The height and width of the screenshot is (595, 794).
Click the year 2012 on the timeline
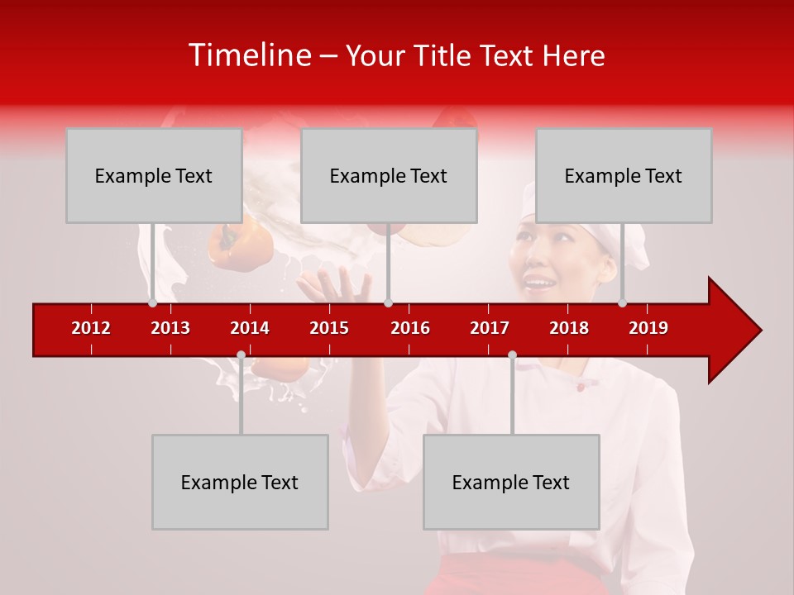[x=91, y=328]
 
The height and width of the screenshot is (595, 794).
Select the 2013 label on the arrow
[x=170, y=328]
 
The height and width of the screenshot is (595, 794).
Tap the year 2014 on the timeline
[x=250, y=328]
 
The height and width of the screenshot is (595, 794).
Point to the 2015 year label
[x=329, y=328]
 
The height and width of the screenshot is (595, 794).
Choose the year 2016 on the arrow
[x=410, y=328]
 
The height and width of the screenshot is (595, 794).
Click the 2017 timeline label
[x=490, y=328]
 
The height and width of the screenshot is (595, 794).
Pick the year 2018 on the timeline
[x=569, y=328]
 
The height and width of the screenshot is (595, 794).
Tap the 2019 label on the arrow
[x=648, y=328]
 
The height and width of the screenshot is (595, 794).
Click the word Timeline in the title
[x=248, y=55]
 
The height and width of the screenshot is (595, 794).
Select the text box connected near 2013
[x=154, y=175]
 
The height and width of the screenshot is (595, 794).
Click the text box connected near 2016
[x=389, y=175]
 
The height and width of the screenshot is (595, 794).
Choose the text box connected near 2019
[x=624, y=175]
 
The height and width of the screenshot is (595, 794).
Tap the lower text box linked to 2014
[x=240, y=482]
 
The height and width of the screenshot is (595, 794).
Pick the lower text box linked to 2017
[x=511, y=482]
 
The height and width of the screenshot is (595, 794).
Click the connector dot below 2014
[x=241, y=355]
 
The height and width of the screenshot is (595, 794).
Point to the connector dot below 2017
[x=512, y=355]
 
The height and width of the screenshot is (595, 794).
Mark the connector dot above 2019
[x=623, y=302]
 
